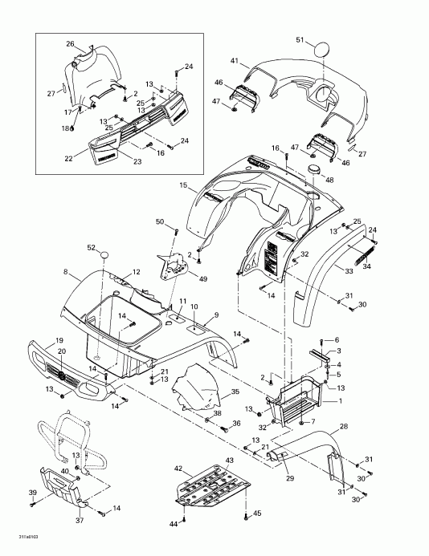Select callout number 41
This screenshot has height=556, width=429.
[235, 61]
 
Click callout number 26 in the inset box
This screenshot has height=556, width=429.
[70, 43]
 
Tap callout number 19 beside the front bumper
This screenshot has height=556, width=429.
[60, 340]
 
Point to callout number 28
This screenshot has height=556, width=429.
[344, 426]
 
